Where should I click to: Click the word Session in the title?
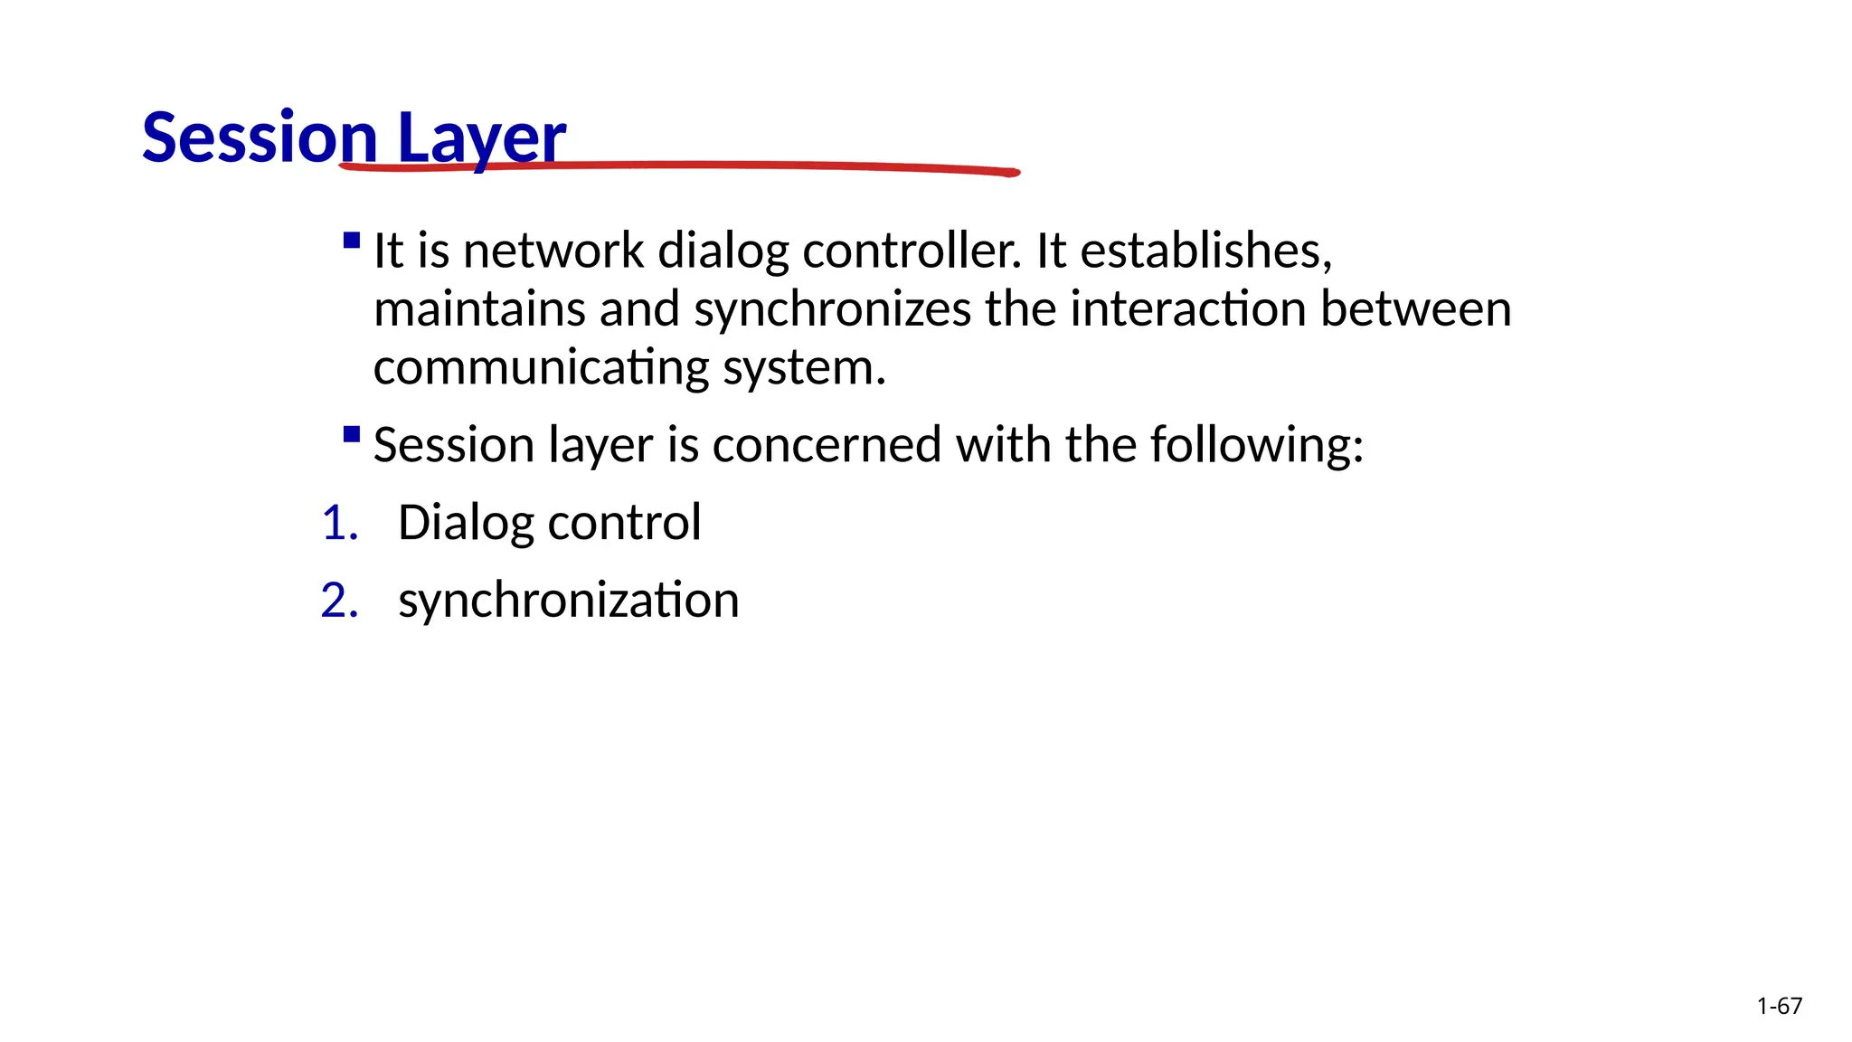259,137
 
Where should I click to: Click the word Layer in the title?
481,137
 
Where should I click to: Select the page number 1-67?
1779,1006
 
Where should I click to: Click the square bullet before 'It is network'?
352,241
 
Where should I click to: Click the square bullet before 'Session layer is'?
352,435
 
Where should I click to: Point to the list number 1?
339,523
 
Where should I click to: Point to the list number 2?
339,601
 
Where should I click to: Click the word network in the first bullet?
553,251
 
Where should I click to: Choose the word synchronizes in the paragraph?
832,310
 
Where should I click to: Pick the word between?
1415,309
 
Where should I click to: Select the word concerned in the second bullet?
827,445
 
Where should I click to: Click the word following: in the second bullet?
1256,445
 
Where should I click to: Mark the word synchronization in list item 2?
568,601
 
